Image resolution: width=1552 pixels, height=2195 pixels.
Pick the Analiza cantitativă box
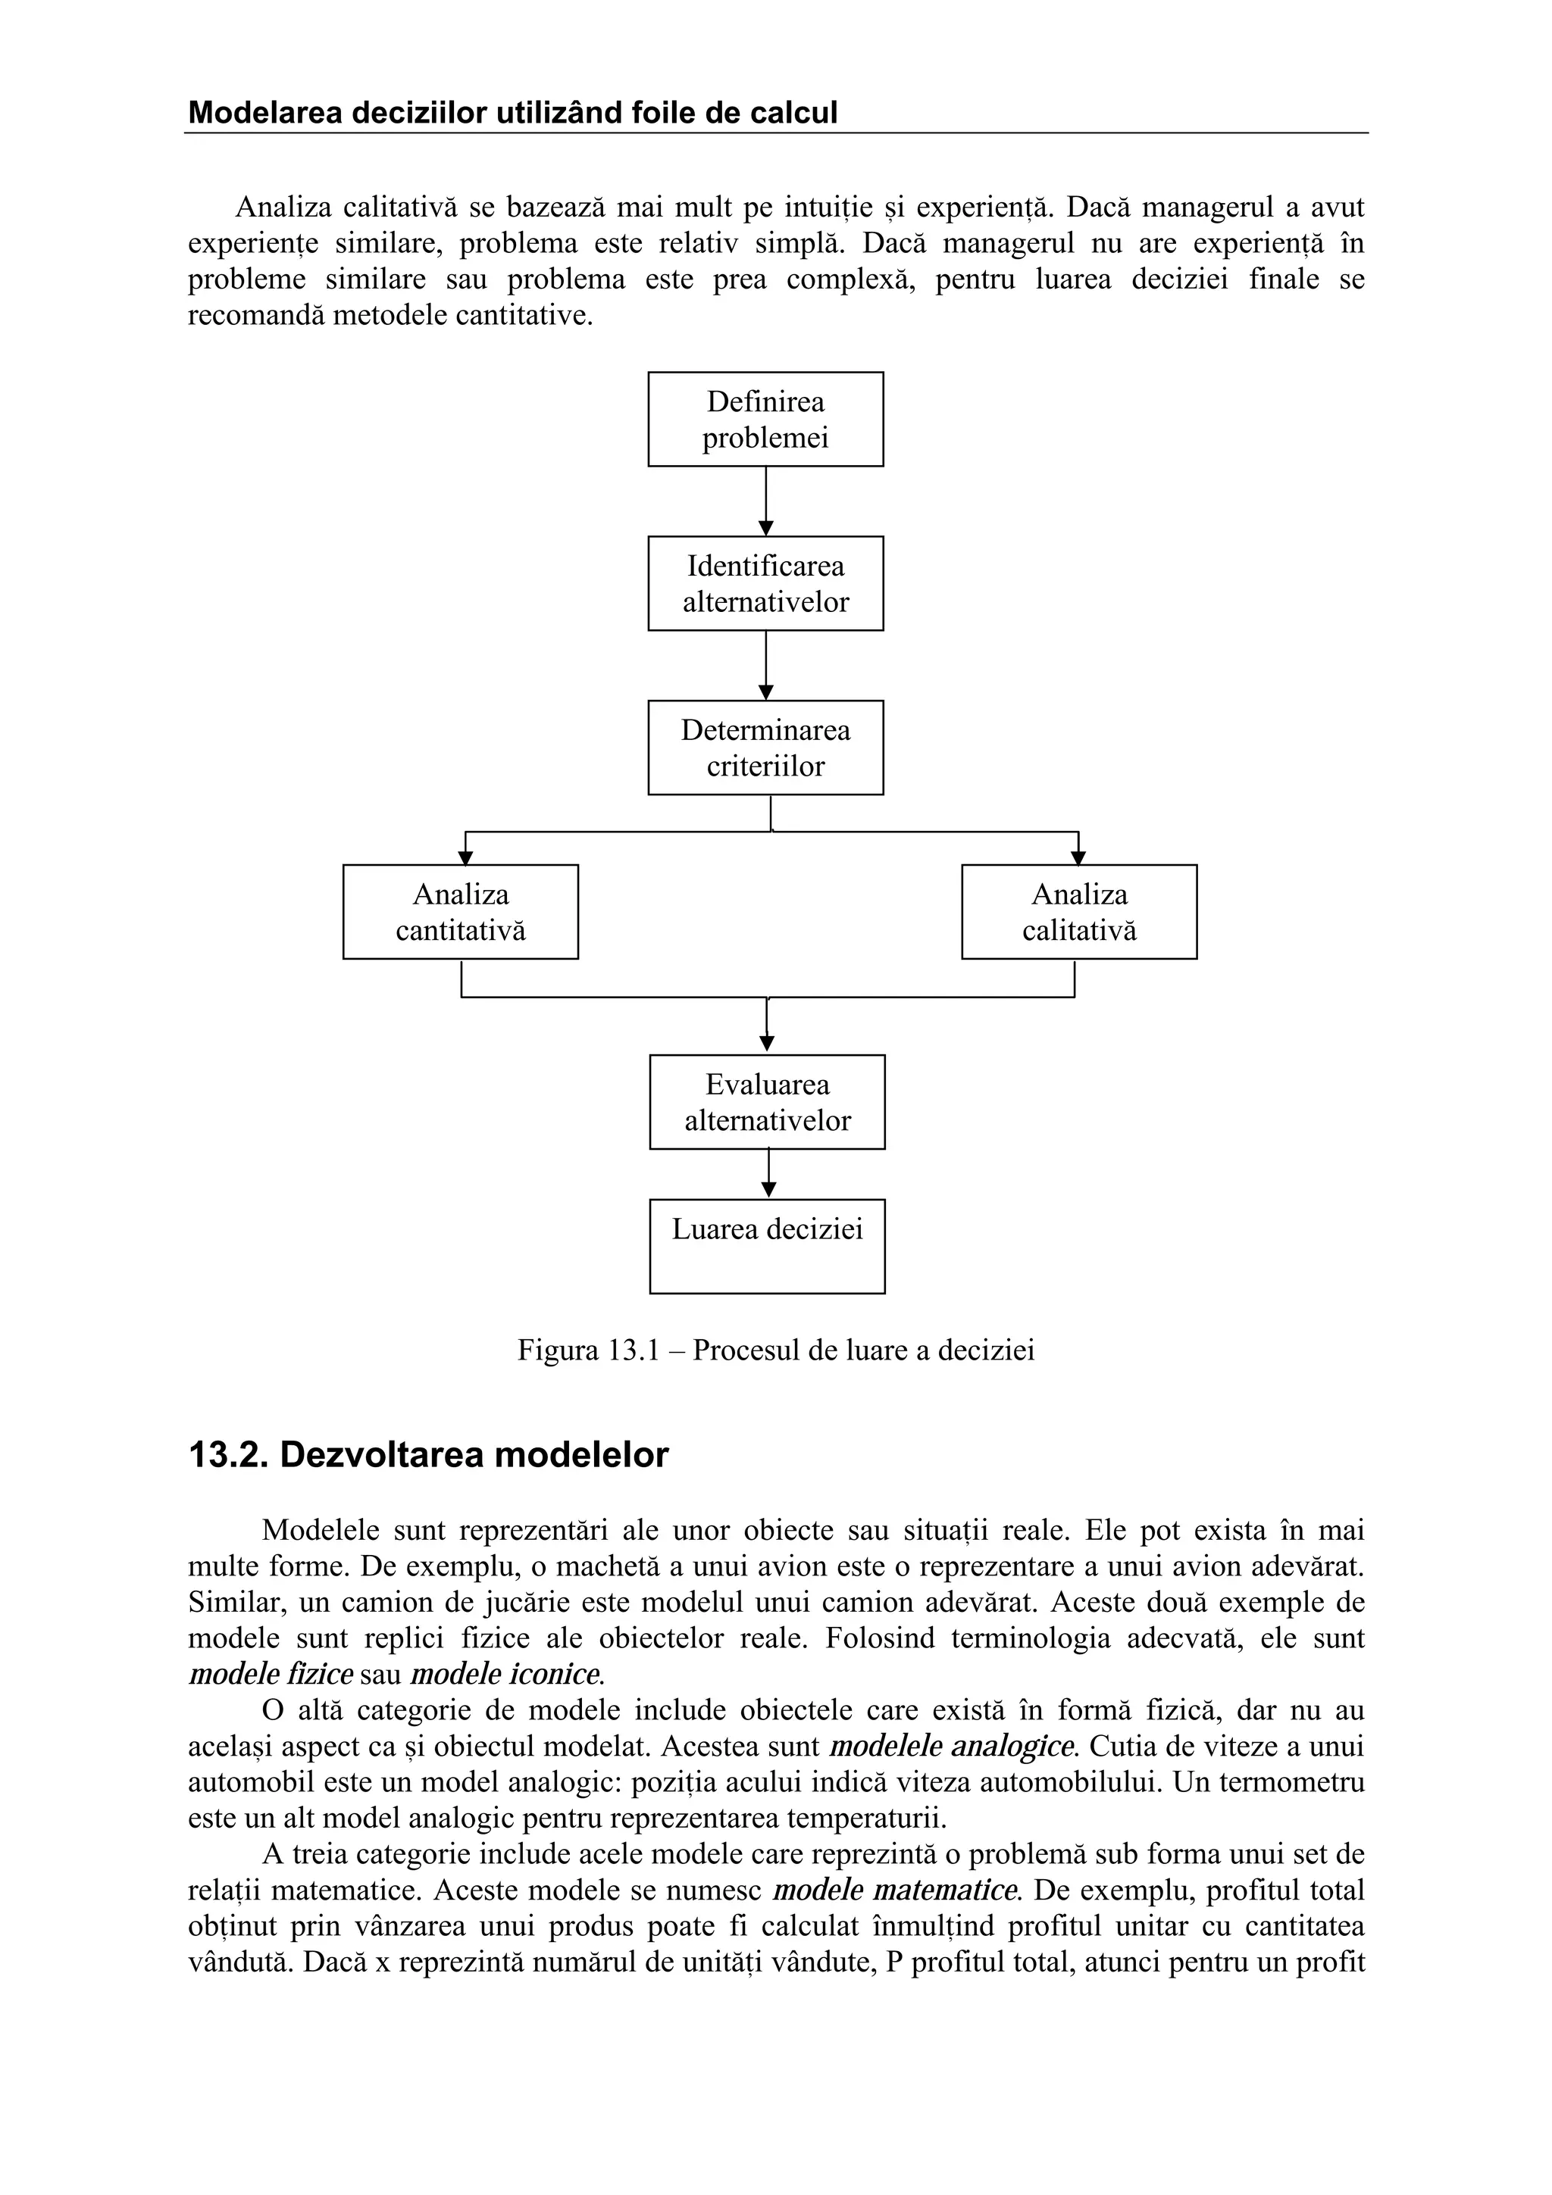[x=460, y=912]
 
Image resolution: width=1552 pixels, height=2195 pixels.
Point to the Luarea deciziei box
[x=767, y=1246]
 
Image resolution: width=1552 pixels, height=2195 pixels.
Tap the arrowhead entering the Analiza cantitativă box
[x=466, y=857]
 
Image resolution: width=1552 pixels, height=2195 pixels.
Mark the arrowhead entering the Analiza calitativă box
[x=1078, y=857]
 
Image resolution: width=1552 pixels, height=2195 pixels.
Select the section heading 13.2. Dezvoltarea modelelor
[x=428, y=1454]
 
